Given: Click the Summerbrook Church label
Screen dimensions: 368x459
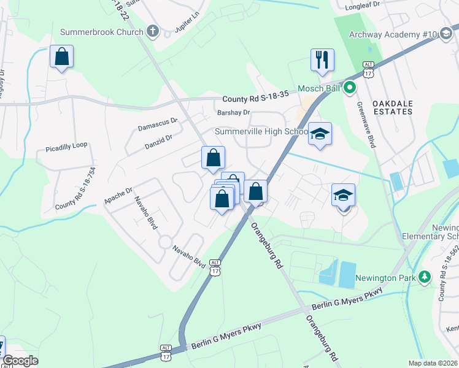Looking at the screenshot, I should [102, 31].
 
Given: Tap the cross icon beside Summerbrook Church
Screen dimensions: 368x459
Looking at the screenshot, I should [153, 31].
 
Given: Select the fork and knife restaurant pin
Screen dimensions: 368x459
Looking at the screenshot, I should [322, 60].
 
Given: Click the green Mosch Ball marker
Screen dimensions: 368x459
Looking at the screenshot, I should [350, 88].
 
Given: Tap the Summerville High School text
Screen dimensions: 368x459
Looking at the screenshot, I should [261, 132].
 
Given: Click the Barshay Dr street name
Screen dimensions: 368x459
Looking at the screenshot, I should [234, 112].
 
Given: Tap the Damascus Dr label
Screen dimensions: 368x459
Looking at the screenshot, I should [156, 125].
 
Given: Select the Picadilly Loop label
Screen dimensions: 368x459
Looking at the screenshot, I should [67, 148].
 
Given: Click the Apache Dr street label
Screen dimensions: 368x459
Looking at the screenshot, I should [118, 195].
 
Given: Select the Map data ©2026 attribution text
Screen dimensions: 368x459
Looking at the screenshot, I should [433, 363].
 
